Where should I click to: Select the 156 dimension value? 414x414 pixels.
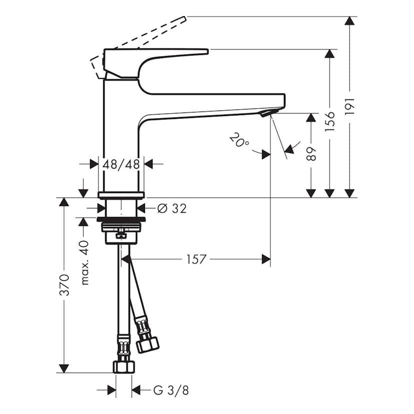tap(329, 121)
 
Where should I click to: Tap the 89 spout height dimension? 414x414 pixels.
tap(311, 153)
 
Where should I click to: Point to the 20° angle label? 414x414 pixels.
tap(239, 139)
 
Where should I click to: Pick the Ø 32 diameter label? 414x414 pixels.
tap(171, 209)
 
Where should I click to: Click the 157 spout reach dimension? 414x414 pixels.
tap(196, 259)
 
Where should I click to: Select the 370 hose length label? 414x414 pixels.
tap(64, 285)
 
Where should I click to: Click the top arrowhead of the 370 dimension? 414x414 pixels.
tap(63, 202)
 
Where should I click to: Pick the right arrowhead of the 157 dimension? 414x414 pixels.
tap(265, 259)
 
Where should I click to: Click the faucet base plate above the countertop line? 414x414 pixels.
tap(121, 195)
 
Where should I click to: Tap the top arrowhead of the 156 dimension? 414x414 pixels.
tap(329, 54)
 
